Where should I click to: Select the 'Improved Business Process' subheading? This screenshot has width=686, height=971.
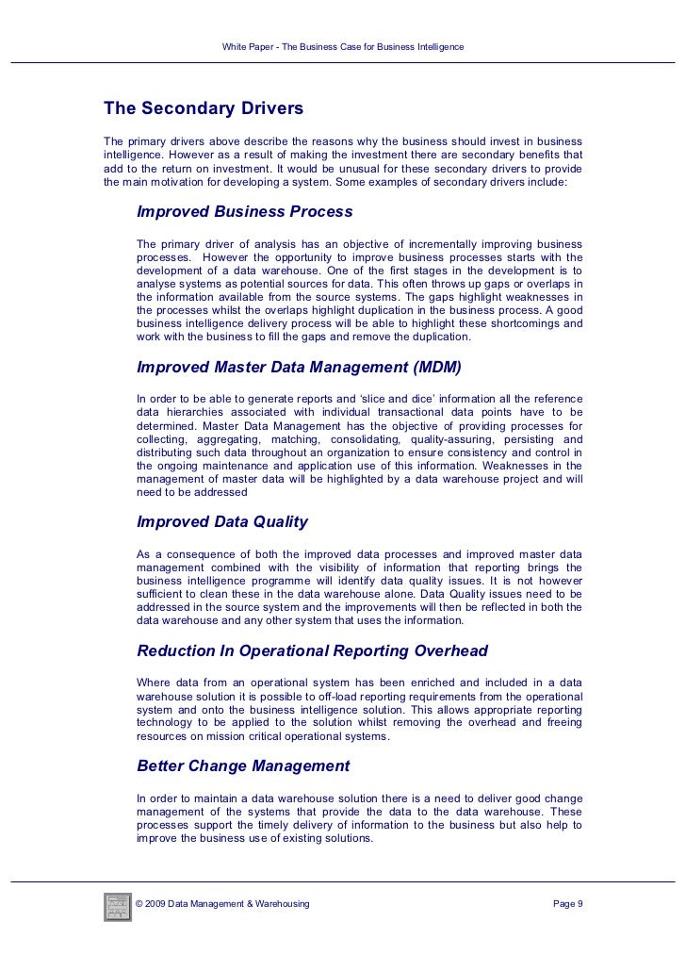pyautogui.click(x=245, y=211)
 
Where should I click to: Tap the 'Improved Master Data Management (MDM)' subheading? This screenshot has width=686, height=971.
pyautogui.click(x=300, y=367)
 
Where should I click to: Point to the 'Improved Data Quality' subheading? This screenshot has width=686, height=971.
pyautogui.click(x=222, y=521)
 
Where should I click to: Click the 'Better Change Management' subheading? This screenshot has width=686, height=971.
pyautogui.click(x=243, y=765)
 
